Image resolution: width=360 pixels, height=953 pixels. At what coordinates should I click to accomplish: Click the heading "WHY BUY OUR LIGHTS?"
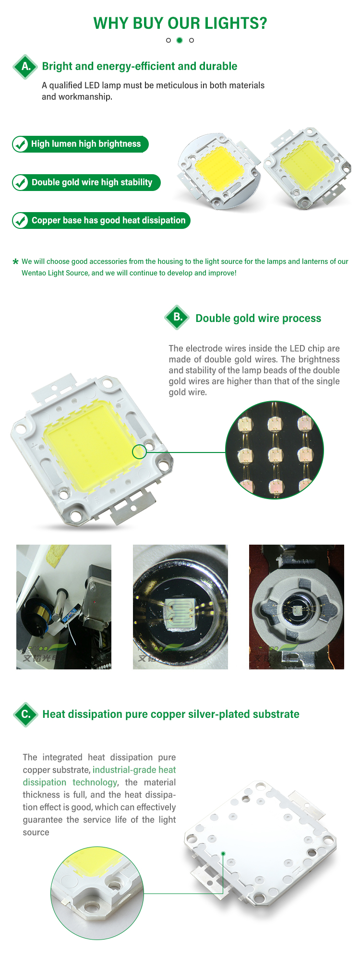click(180, 23)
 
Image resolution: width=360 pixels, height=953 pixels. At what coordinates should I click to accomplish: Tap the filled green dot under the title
click(180, 40)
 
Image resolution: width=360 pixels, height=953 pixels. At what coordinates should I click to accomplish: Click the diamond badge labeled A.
click(25, 67)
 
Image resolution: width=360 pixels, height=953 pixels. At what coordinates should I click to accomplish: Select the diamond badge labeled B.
click(178, 317)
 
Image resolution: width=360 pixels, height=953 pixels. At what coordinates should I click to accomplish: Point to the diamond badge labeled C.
click(25, 714)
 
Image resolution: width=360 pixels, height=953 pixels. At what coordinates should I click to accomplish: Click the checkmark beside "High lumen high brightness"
click(20, 144)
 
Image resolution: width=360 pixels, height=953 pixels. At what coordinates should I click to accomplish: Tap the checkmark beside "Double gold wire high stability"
click(20, 182)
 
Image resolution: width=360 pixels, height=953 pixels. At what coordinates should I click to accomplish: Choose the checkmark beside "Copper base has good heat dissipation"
click(20, 221)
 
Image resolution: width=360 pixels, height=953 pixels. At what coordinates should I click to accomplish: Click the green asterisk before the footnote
click(15, 262)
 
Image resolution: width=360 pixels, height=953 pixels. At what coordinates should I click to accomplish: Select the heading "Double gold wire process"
click(258, 318)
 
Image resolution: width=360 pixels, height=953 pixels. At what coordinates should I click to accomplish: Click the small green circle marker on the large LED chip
click(139, 452)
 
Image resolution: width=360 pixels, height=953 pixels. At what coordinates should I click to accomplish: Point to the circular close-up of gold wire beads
click(275, 450)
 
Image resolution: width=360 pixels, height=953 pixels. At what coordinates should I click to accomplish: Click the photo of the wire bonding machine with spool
click(64, 607)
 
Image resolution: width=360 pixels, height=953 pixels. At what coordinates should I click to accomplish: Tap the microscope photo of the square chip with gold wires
click(180, 607)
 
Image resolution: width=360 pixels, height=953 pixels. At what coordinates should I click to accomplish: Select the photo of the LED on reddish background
click(297, 607)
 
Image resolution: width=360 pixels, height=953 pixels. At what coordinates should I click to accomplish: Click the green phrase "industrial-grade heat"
click(134, 770)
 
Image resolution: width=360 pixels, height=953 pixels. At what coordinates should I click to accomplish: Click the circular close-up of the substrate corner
click(97, 893)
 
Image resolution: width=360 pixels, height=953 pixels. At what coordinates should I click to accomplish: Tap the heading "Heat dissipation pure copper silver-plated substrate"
click(171, 714)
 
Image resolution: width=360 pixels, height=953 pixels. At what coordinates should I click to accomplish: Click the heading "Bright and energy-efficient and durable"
click(140, 66)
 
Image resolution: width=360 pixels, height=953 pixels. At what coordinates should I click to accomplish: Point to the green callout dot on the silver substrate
click(223, 853)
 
